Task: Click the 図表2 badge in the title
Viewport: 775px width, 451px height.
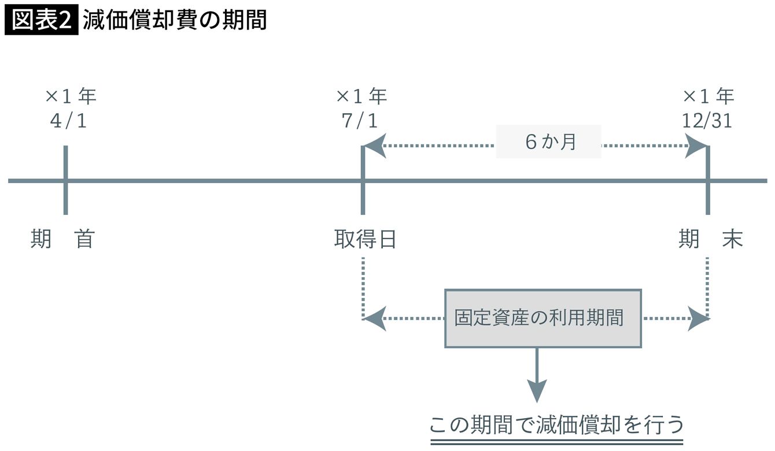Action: [40, 20]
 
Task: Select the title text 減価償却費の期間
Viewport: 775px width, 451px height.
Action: [174, 20]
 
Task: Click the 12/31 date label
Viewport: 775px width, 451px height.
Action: [707, 121]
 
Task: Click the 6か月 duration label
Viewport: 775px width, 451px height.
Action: [549, 142]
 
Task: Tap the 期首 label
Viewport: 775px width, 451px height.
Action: [62, 239]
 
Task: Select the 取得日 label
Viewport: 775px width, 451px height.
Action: [366, 239]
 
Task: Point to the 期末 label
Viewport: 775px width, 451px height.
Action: [711, 239]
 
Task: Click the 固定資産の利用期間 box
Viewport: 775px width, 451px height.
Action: [542, 318]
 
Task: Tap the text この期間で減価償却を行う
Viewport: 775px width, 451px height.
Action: [556, 425]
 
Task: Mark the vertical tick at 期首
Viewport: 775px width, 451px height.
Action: [65, 180]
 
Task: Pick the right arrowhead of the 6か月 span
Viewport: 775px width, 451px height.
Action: [696, 146]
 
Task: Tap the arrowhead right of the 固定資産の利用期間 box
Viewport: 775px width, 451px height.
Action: [698, 319]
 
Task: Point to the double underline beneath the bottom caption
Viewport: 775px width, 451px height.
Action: [556, 442]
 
